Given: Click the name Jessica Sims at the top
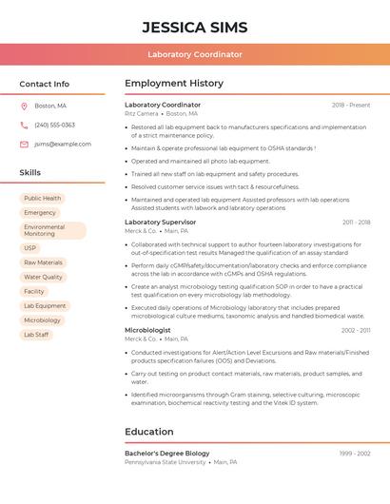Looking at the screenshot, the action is coord(194,27).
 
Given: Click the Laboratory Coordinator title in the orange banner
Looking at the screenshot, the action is coord(194,55).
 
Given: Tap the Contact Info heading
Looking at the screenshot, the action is coord(44,84).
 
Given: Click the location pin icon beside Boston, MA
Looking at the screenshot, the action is coord(24,106).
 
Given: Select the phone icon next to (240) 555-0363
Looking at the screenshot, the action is coord(24,125).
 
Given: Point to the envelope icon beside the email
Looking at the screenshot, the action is coord(24,145).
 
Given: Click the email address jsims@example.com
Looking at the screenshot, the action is coord(63,145).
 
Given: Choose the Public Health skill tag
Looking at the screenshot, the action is coord(43,199).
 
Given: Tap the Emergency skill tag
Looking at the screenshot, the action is coord(40,213).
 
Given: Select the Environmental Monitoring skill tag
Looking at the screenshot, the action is coord(52,230).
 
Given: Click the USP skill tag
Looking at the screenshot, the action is coord(30,248).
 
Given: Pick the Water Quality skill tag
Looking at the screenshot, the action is coord(43,277).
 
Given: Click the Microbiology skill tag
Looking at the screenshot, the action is coord(42,320).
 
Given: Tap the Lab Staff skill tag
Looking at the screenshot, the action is coord(36,335).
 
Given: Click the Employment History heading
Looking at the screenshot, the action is coord(174,84).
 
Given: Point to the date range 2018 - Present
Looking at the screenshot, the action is coord(351,105).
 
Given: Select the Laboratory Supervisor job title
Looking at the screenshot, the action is coord(160,222).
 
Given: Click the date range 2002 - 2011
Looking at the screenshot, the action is coord(356,330).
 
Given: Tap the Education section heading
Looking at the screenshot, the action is coord(148,432).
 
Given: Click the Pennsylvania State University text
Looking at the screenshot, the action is coord(165,462).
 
